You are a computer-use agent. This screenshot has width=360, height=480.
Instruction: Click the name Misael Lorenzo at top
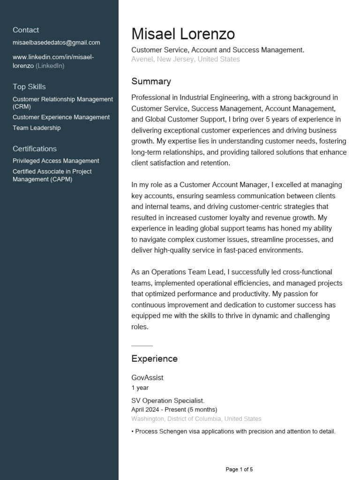(183, 34)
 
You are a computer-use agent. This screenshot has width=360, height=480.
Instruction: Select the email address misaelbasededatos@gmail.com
(56, 43)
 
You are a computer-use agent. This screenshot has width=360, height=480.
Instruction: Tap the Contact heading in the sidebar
(26, 30)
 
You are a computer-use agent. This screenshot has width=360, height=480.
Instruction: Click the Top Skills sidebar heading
(29, 87)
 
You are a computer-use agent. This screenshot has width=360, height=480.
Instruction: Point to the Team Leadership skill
(37, 128)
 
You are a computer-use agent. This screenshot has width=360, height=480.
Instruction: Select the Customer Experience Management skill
(61, 117)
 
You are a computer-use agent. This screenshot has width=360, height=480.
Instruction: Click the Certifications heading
(35, 149)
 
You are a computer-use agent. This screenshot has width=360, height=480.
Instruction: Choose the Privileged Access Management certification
(56, 161)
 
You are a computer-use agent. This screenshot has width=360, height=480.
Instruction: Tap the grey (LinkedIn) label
(50, 66)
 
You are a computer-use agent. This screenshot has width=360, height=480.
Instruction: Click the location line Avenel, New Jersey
(185, 59)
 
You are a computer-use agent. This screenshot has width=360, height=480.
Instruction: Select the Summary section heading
(151, 82)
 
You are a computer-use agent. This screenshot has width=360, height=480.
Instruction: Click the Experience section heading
(154, 359)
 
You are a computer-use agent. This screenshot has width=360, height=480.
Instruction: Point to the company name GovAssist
(147, 377)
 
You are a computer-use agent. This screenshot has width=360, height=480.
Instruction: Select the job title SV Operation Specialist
(168, 400)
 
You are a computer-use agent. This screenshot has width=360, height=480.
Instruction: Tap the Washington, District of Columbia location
(196, 419)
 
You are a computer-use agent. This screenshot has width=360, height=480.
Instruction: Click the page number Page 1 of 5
(239, 469)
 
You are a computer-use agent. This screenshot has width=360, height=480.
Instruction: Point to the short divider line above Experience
(142, 345)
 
